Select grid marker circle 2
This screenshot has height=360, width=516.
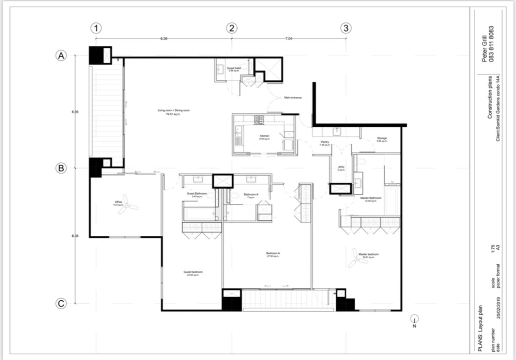(x=232, y=28)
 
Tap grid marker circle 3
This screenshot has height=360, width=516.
(x=346, y=28)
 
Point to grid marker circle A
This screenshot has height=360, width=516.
(x=61, y=55)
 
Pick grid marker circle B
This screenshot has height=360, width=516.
(x=61, y=168)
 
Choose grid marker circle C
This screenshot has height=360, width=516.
(x=61, y=304)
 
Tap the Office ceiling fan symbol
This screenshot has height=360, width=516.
(x=127, y=206)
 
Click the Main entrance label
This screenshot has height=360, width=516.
(x=293, y=98)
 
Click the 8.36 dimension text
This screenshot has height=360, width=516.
(x=164, y=39)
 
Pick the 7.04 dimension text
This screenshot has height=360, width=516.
(x=288, y=39)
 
